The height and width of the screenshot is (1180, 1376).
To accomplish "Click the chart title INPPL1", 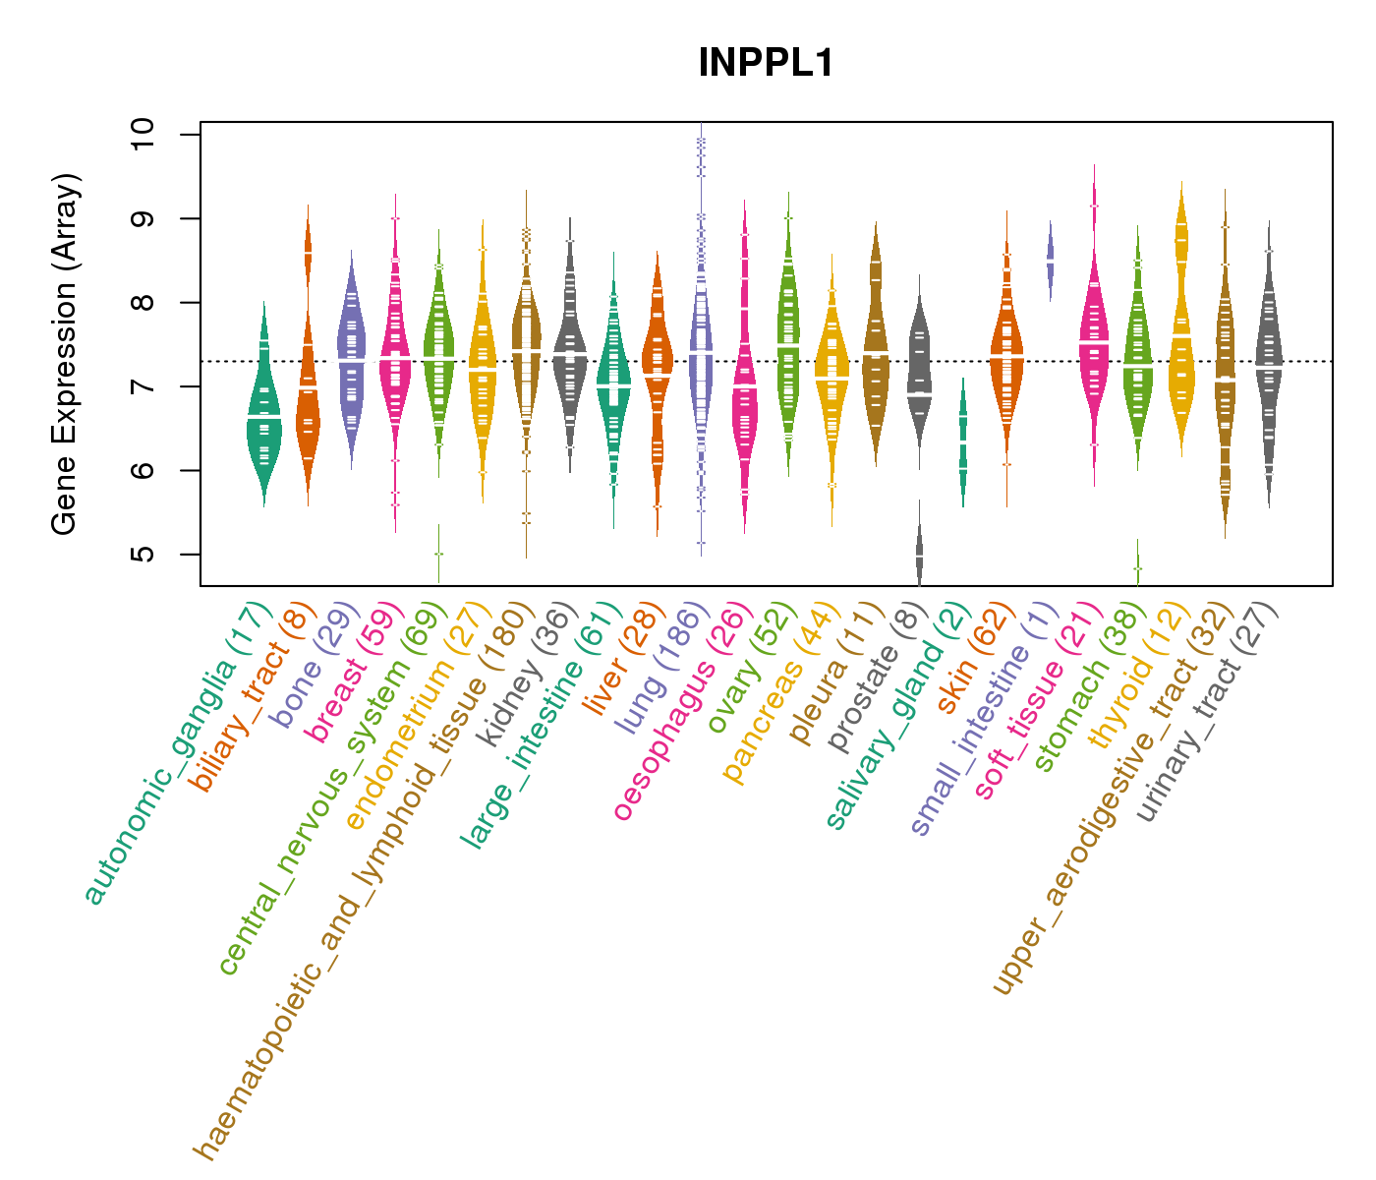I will (766, 64).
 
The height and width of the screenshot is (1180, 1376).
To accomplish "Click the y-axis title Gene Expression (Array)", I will (65, 354).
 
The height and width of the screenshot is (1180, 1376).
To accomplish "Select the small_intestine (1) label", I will (983, 723).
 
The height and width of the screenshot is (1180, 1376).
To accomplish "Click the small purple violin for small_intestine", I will (1050, 261).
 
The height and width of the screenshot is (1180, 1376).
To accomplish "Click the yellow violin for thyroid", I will (1181, 344).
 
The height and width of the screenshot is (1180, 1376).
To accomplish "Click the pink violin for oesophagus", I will (744, 393).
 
